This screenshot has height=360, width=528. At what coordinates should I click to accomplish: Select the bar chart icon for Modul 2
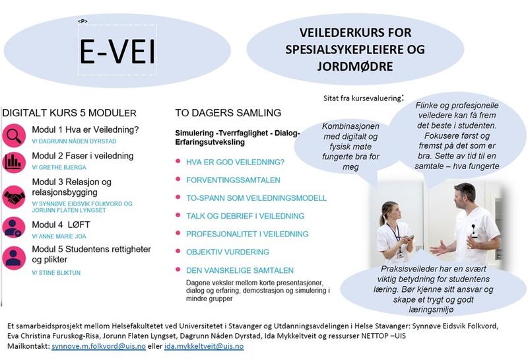pos(13,162)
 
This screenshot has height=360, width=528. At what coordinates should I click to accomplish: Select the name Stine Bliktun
pos(57,271)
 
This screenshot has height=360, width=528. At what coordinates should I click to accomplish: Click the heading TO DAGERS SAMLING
pos(228,112)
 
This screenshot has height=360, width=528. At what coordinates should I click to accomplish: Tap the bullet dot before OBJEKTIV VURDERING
pos(178,252)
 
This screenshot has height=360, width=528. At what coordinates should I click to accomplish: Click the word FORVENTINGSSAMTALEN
pos(234,179)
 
